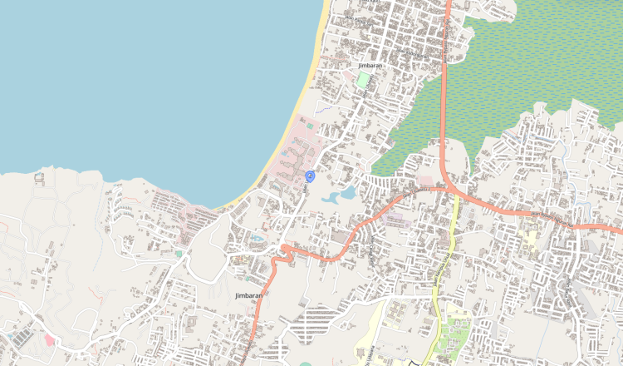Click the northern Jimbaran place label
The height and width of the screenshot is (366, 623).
click(x=371, y=65)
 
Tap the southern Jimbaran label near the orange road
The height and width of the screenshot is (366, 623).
click(x=248, y=295)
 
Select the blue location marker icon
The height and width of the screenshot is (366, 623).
click(x=310, y=176)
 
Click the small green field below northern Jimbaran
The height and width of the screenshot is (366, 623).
click(x=364, y=81)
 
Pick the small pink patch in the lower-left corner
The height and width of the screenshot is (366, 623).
click(x=48, y=339)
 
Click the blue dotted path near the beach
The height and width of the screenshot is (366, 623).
click(x=326, y=108)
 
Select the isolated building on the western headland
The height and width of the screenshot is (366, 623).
click(x=39, y=177)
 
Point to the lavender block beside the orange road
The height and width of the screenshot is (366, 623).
click(x=396, y=220)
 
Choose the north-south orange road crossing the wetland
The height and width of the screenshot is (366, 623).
click(x=444, y=100)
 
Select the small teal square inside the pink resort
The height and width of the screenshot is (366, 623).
click(x=309, y=126)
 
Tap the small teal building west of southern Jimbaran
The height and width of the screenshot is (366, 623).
click(x=178, y=253)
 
